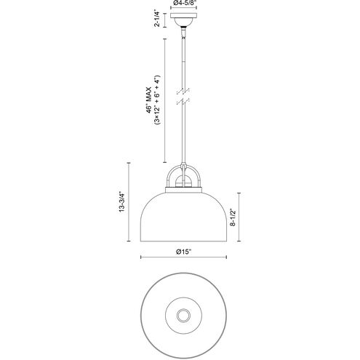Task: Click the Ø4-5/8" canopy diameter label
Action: pyautogui.click(x=183, y=2)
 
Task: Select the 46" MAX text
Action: pyautogui.click(x=148, y=100)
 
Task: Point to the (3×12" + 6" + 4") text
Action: pyautogui.click(x=157, y=100)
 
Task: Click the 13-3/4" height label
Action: pyautogui.click(x=121, y=202)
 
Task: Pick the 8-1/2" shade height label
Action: pyautogui.click(x=233, y=217)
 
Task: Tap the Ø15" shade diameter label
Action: pyautogui.click(x=183, y=252)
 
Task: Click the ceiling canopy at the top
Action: pyautogui.click(x=183, y=20)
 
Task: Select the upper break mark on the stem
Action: pyautogui.click(x=183, y=92)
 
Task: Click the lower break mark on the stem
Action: pyautogui.click(x=183, y=102)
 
